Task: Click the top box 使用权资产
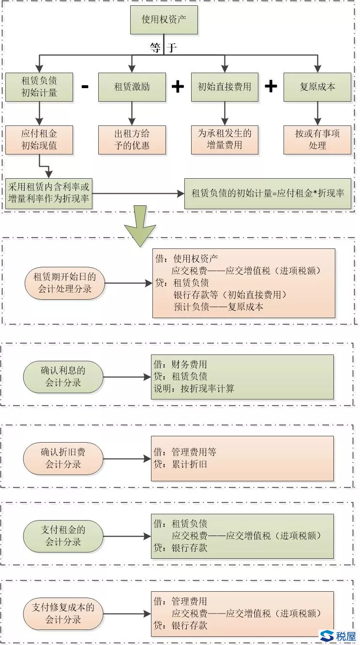pyautogui.click(x=164, y=20)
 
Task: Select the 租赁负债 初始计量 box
pyautogui.click(x=39, y=87)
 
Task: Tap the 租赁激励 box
pyautogui.click(x=132, y=87)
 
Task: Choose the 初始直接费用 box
pyautogui.click(x=225, y=87)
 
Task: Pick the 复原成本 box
pyautogui.click(x=317, y=87)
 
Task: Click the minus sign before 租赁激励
pyautogui.click(x=85, y=87)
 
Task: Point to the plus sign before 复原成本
pyautogui.click(x=271, y=86)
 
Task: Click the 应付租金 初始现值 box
pyautogui.click(x=39, y=139)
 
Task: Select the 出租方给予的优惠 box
pyautogui.click(x=132, y=139)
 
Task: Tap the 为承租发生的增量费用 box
pyautogui.click(x=225, y=139)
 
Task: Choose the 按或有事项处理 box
pyautogui.click(x=317, y=139)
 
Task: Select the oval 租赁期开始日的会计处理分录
pyautogui.click(x=65, y=283)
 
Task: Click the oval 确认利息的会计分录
pyautogui.click(x=63, y=377)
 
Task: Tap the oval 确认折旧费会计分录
pyautogui.click(x=63, y=458)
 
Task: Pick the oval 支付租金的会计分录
pyautogui.click(x=63, y=536)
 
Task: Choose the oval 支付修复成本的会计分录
pyautogui.click(x=63, y=613)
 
